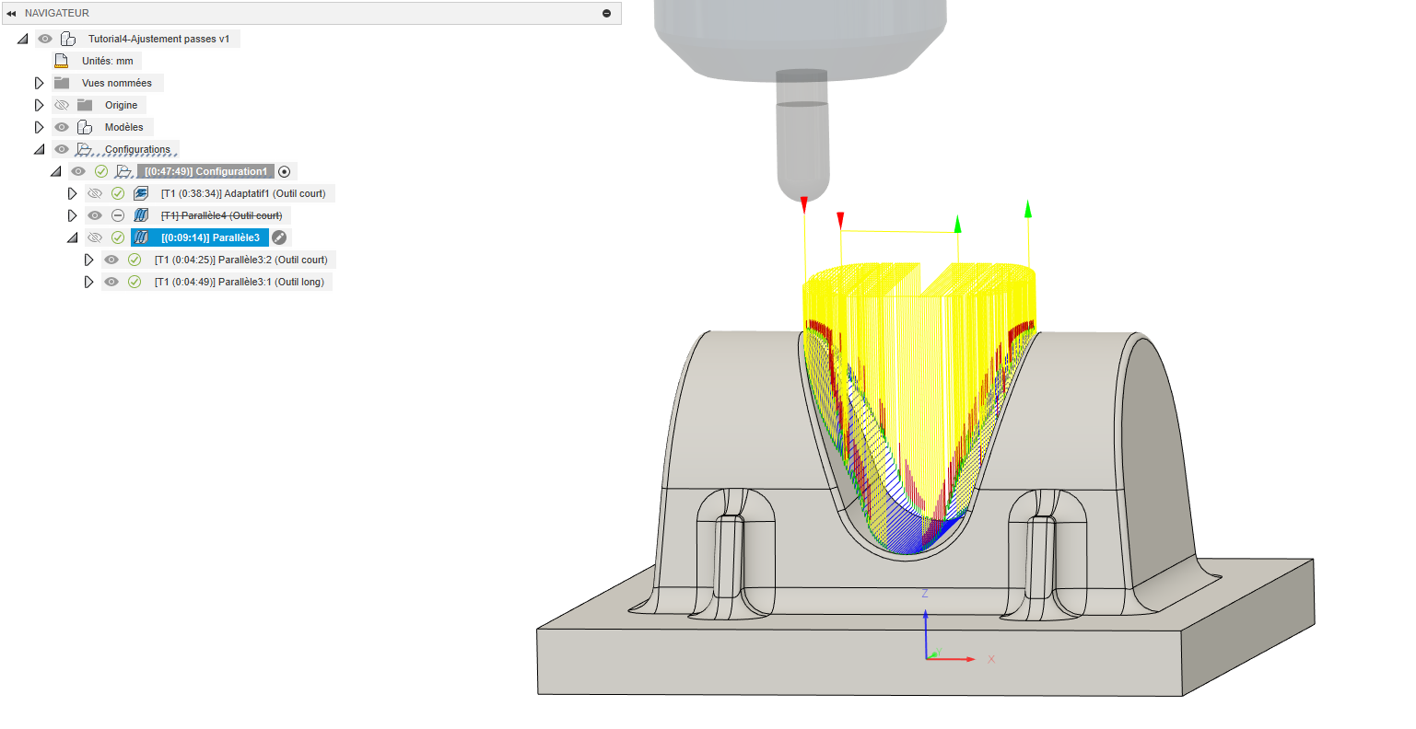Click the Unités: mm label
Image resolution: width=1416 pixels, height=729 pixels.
[108, 61]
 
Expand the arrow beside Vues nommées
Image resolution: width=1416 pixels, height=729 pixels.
[39, 83]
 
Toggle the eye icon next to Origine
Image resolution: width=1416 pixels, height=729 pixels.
[62, 105]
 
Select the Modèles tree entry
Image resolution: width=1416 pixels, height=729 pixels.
[123, 127]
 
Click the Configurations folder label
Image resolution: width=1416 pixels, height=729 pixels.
[137, 149]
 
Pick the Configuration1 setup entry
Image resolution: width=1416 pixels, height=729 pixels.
[205, 171]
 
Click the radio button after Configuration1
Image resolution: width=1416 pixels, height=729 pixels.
[285, 171]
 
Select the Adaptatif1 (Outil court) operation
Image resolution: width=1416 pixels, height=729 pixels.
[243, 193]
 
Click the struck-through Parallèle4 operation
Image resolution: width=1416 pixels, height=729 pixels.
[221, 215]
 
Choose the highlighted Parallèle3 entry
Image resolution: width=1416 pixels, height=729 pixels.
[210, 237]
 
